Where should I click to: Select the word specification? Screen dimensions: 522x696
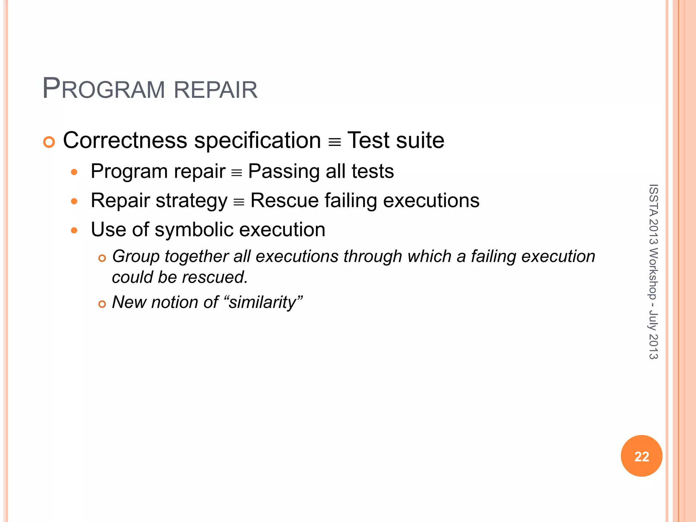tap(257, 140)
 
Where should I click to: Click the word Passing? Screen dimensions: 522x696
tap(284, 171)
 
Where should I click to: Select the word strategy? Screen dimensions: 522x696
tap(191, 201)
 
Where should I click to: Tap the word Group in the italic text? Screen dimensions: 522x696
tap(136, 256)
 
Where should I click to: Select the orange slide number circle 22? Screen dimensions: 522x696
tap(641, 456)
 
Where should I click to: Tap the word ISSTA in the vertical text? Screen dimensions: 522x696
tap(653, 200)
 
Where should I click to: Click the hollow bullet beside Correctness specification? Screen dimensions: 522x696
tap(49, 142)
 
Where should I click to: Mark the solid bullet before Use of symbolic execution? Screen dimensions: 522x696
tap(74, 231)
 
